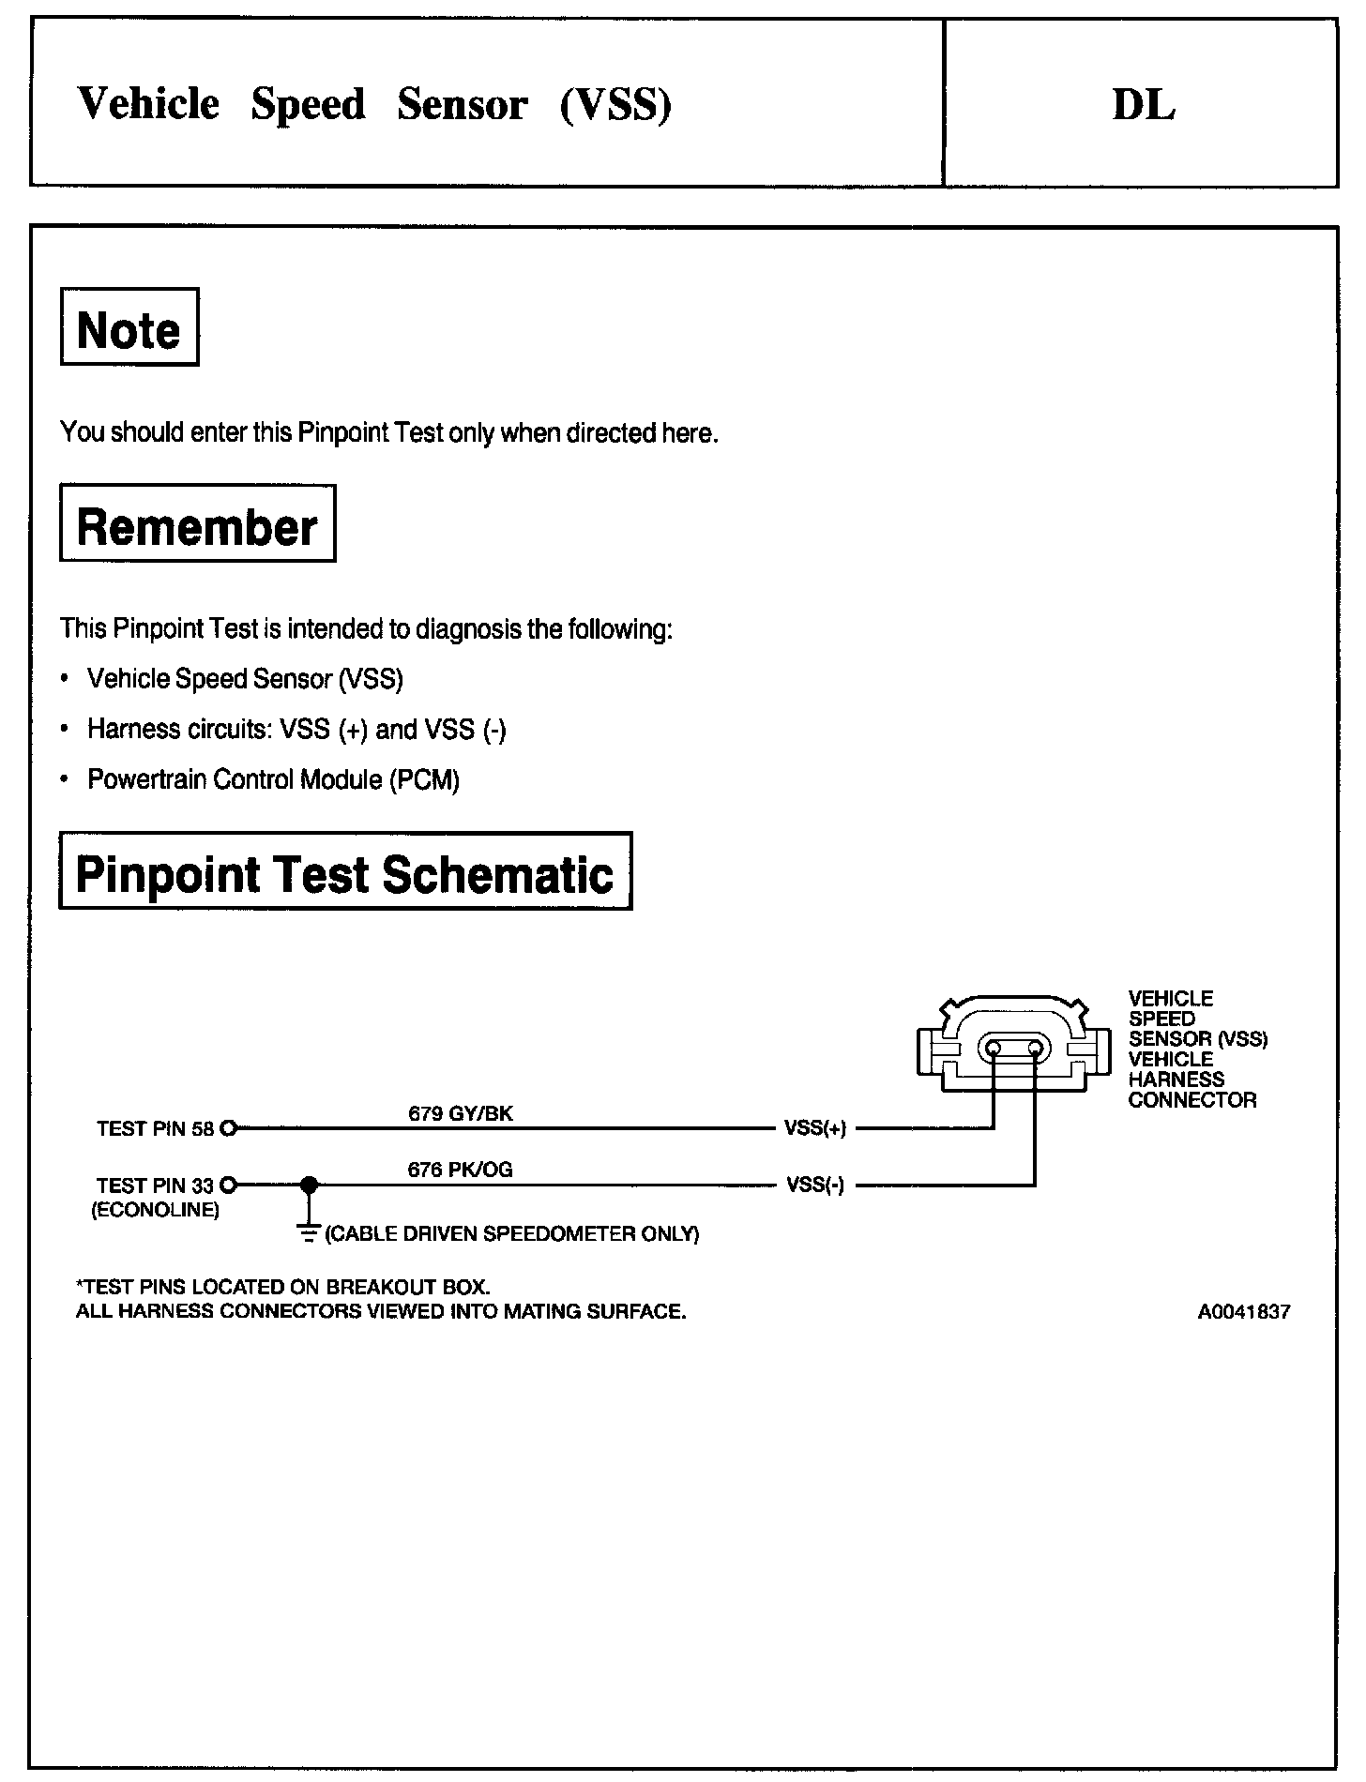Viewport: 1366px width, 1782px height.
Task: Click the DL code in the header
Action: [1143, 105]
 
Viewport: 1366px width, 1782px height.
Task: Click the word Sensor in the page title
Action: [462, 104]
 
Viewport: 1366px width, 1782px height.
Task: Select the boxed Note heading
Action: [129, 328]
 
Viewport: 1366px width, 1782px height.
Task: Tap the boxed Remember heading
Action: [197, 525]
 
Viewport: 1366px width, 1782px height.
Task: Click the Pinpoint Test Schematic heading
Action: [344, 872]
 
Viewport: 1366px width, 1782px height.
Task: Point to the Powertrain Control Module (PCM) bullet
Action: [273, 779]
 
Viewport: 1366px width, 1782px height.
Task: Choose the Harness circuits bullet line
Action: [296, 730]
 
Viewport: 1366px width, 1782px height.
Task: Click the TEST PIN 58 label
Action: [156, 1129]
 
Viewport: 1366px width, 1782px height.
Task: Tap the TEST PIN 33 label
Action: [156, 1185]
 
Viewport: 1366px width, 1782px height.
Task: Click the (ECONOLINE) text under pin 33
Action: [155, 1210]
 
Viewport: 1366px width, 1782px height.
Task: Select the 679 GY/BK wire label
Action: [461, 1113]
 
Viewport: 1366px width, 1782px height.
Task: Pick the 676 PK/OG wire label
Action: [460, 1170]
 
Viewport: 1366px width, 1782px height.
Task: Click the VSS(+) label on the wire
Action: [815, 1129]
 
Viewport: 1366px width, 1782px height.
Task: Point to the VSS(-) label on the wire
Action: [815, 1185]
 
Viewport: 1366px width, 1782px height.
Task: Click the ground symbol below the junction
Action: [308, 1231]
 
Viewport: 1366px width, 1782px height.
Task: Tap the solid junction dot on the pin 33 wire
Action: [308, 1185]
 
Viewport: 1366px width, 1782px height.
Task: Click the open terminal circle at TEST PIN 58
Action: [228, 1129]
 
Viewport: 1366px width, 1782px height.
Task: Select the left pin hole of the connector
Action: [994, 1048]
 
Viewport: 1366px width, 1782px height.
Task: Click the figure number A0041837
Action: [1243, 1312]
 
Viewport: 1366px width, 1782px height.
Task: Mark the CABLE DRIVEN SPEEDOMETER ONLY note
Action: [512, 1234]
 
